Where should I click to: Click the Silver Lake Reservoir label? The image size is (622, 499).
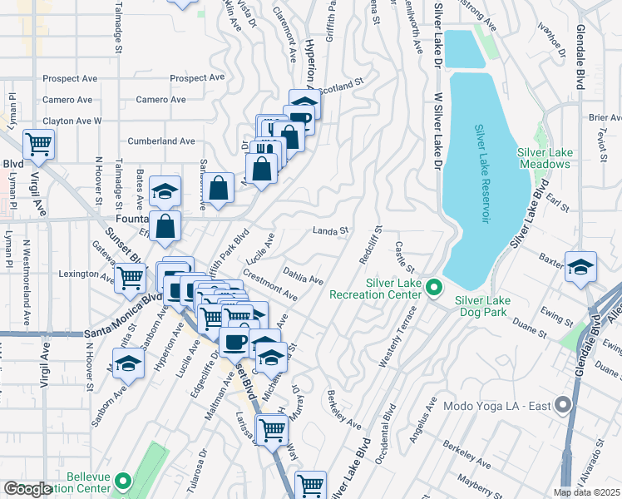[483, 179]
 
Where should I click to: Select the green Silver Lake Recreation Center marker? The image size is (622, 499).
[432, 288]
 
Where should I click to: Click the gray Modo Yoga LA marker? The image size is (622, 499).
[563, 406]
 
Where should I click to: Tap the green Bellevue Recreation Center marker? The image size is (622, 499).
[122, 481]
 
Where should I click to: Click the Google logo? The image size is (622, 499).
[27, 489]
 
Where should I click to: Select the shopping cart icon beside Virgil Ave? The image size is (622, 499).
[38, 145]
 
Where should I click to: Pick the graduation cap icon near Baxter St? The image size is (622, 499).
[580, 267]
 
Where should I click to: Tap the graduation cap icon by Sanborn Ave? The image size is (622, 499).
[128, 363]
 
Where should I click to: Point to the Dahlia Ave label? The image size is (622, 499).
[303, 275]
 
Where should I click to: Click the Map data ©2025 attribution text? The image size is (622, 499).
[586, 492]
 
